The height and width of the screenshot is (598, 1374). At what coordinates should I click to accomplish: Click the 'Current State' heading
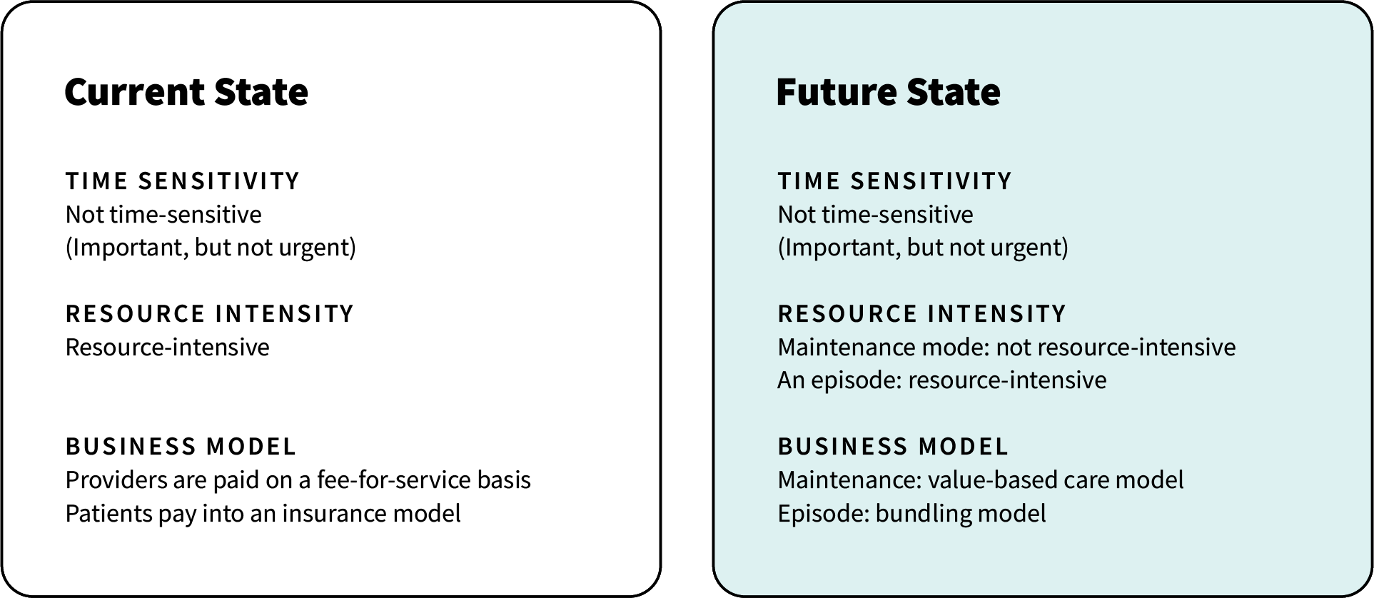(186, 92)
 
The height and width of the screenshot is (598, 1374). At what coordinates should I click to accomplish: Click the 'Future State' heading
(888, 92)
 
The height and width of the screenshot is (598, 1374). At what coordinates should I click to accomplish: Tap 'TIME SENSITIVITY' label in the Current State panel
(183, 181)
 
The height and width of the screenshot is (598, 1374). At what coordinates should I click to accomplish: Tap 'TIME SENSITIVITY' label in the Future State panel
(895, 181)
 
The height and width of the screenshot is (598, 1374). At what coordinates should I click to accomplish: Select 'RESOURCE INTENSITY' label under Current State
(210, 314)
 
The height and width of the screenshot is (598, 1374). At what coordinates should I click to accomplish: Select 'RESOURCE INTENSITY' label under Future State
(922, 314)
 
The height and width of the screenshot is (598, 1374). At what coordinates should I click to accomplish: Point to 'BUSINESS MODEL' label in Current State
(181, 447)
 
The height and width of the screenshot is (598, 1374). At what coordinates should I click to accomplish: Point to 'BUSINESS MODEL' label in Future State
(894, 447)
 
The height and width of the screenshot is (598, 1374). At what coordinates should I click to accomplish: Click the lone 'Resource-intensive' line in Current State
(168, 348)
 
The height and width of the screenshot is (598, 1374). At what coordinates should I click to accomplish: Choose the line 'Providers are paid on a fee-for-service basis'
(298, 480)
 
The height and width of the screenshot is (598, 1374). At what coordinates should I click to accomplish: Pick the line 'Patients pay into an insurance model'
(263, 514)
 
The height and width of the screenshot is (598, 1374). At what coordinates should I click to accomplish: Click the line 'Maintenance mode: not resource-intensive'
(1006, 348)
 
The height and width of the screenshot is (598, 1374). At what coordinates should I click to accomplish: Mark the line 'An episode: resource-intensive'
(942, 380)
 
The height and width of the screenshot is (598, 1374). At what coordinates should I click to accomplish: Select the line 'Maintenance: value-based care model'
(981, 480)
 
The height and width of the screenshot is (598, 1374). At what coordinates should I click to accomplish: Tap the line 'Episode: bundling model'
(911, 514)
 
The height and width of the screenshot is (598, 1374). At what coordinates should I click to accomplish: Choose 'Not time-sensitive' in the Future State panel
(875, 215)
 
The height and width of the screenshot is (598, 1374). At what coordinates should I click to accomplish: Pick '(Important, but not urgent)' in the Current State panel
(211, 248)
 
